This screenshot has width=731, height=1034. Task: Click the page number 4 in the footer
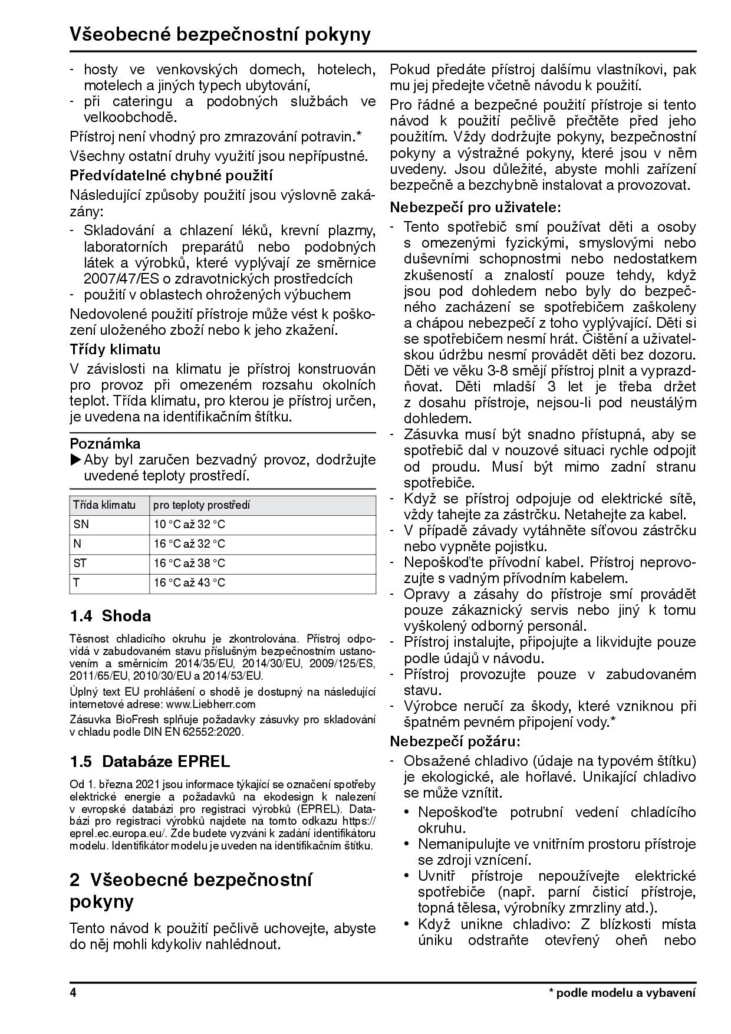73,993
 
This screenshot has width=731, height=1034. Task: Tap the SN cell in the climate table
81,524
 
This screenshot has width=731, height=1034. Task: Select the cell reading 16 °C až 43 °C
189,583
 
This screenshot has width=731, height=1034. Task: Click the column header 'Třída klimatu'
104,505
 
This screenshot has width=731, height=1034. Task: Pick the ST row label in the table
80,563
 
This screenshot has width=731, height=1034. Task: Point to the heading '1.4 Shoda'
110,616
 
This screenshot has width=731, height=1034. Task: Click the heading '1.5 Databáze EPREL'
150,761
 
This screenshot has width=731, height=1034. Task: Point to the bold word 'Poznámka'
105,443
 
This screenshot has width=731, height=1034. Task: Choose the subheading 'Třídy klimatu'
115,349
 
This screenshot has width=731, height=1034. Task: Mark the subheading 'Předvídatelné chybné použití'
171,175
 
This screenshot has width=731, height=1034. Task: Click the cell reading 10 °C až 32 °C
189,524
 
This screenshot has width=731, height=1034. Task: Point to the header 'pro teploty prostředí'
202,505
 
